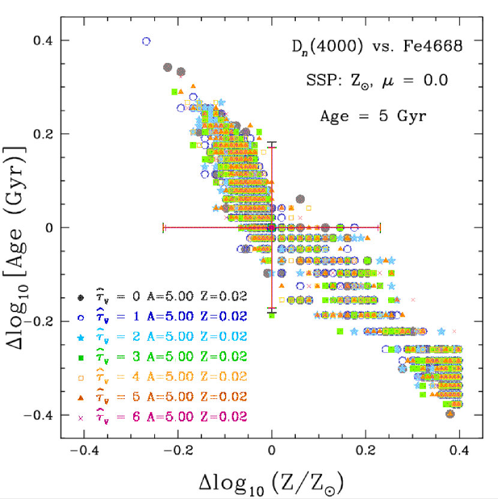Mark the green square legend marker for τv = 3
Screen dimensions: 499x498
80,357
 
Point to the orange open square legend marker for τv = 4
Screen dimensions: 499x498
80,377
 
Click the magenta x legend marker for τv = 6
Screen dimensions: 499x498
80,417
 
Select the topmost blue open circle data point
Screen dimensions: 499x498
146,41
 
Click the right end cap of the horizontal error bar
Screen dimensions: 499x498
380,228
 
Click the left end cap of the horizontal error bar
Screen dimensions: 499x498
163,228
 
